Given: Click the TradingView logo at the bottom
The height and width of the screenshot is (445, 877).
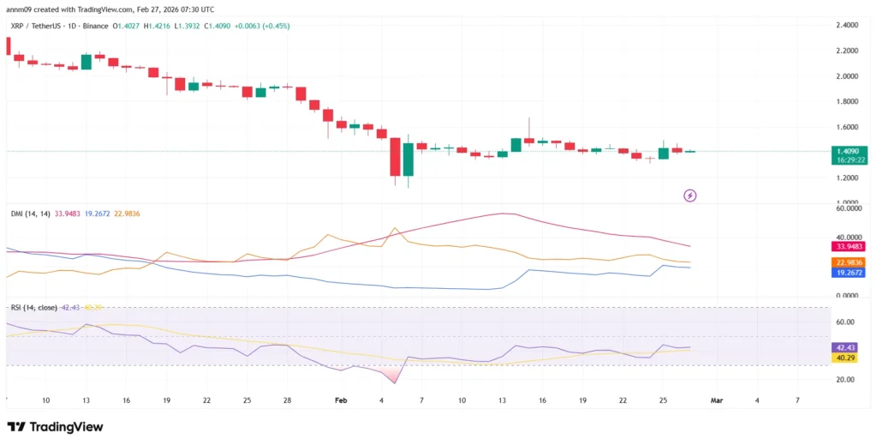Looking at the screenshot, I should pyautogui.click(x=55, y=426).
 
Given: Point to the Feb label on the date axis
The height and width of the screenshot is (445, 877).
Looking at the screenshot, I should pyautogui.click(x=341, y=400).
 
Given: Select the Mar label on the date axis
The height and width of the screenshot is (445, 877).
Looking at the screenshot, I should pyautogui.click(x=718, y=400).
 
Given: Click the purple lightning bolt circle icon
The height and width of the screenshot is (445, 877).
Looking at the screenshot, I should pyautogui.click(x=690, y=195).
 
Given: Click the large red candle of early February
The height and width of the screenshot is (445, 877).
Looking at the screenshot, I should pyautogui.click(x=395, y=157).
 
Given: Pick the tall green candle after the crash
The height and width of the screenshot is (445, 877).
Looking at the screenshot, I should pyautogui.click(x=409, y=159).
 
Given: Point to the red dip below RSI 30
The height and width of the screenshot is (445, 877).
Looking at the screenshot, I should pyautogui.click(x=393, y=376).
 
